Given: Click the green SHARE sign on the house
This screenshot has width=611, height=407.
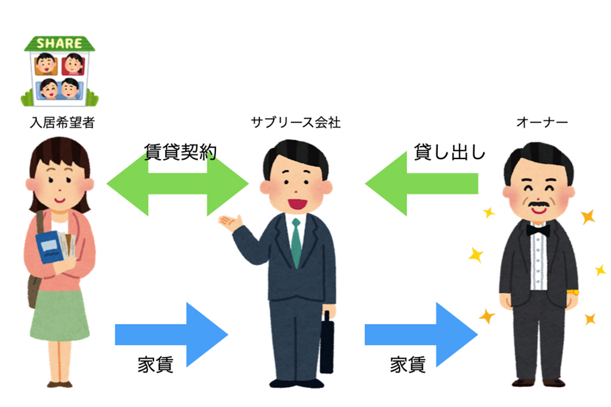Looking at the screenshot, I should click(x=59, y=44).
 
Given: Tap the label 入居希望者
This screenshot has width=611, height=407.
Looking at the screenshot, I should click(x=62, y=123).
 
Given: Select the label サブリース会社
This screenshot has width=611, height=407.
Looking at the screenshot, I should click(x=295, y=123).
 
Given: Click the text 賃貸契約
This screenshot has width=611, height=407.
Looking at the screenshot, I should click(x=180, y=152).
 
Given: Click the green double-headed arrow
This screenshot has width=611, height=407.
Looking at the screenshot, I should click(x=178, y=184).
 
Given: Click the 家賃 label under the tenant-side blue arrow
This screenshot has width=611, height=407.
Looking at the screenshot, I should click(x=155, y=365).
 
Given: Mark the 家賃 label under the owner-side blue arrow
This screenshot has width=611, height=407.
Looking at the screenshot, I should click(x=408, y=365).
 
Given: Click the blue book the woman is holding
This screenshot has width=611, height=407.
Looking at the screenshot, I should click(x=49, y=247).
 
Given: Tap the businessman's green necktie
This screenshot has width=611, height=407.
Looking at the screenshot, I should click(x=296, y=241).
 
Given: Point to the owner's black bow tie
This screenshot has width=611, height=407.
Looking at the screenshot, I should click(x=538, y=229).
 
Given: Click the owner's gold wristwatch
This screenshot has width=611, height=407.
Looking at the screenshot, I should click(x=572, y=292).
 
